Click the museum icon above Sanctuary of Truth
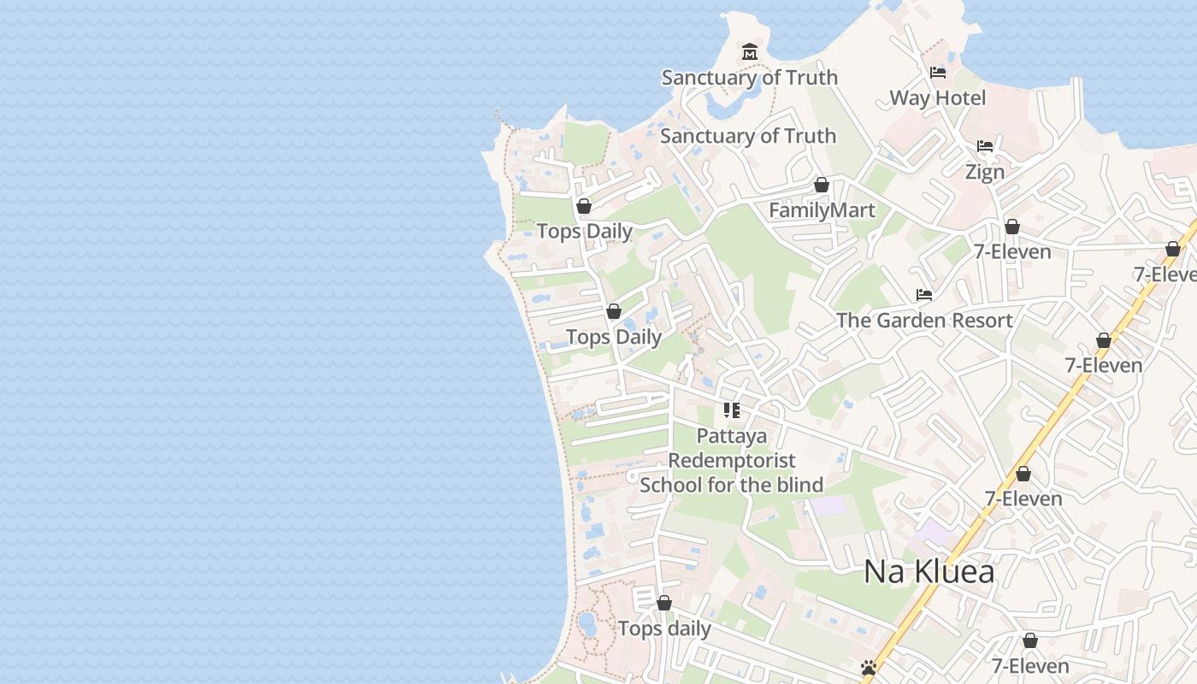pos(750,51)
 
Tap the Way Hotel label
pos(937,98)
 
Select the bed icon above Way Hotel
pos(938,73)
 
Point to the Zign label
pos(984,172)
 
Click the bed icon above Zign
pos(985,146)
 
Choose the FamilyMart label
pos(822,210)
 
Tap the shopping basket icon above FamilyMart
pos(822,185)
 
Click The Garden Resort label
pos(924,321)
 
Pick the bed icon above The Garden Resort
pos(924,295)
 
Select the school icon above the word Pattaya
pos(731,410)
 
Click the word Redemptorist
pos(731,461)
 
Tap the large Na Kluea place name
pos(929,571)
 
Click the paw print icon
pos(870,667)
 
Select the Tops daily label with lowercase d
pos(664,629)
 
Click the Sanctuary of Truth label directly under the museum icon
pos(749,78)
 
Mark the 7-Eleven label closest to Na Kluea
pos(1023,498)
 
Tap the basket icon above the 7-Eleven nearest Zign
pos(1012,227)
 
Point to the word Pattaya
pos(731,436)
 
